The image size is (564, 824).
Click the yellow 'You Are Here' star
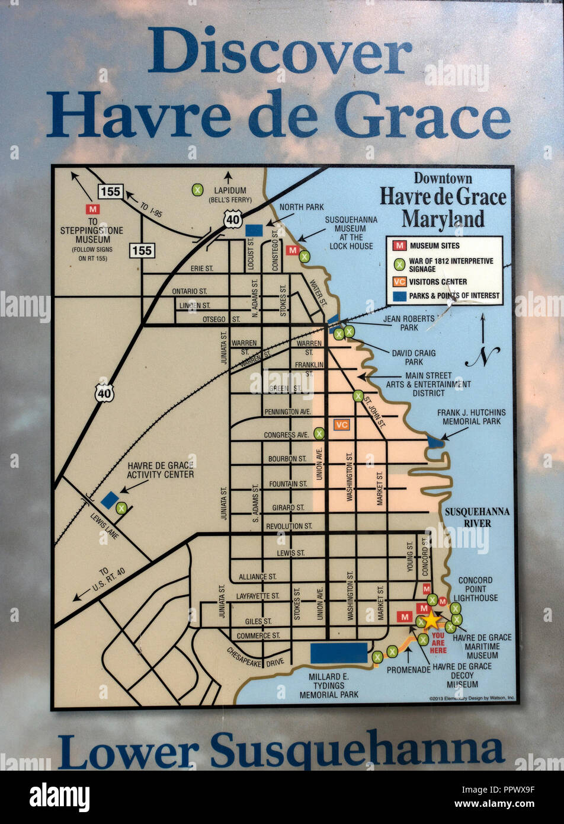[x=431, y=620]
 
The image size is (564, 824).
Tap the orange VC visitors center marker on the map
[x=341, y=424]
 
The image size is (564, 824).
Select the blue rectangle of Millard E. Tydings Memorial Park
[x=339, y=653]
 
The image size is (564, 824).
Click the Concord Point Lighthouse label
[x=475, y=589]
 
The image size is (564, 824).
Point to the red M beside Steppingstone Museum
[x=92, y=209]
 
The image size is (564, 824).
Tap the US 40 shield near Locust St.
[x=232, y=219]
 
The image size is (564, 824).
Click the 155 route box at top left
[x=111, y=191]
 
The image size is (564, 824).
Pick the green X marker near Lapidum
[x=198, y=190]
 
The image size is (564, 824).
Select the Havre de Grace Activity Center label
[x=161, y=470]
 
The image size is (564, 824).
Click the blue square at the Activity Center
[x=110, y=500]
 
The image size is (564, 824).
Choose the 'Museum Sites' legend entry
[x=434, y=245]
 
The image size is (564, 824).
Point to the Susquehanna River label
[x=477, y=517]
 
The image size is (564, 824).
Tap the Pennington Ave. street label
[x=287, y=411]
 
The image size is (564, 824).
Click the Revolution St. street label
[x=289, y=526]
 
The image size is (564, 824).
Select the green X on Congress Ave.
[x=319, y=433]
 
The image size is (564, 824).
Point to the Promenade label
[x=408, y=669]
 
